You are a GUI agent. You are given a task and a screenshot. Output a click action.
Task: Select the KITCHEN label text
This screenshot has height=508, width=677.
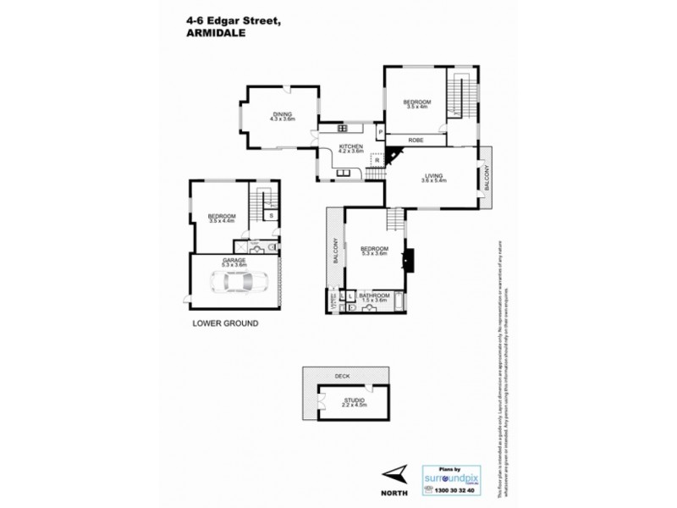click(351, 146)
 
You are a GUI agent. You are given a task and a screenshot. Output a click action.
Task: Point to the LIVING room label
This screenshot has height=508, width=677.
click(433, 174)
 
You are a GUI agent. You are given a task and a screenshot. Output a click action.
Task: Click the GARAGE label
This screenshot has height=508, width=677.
click(234, 260)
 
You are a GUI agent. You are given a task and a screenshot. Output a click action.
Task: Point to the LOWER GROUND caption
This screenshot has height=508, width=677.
click(225, 323)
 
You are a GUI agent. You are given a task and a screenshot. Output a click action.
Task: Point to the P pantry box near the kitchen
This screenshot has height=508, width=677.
click(382, 133)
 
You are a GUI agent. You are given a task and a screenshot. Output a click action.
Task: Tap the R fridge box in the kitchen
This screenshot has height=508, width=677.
click(376, 158)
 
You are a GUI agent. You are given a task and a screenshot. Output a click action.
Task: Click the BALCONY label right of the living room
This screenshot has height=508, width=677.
click(486, 179)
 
